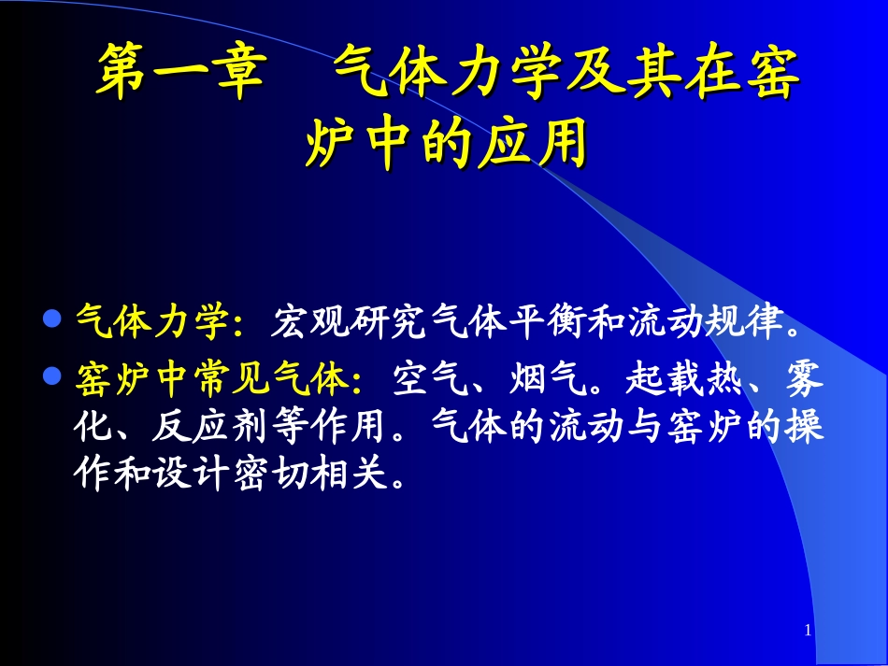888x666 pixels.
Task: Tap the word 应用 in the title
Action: pyautogui.click(x=539, y=146)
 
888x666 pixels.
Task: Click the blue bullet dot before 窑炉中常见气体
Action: pyautogui.click(x=53, y=373)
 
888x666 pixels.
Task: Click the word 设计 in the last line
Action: pyautogui.click(x=214, y=475)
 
